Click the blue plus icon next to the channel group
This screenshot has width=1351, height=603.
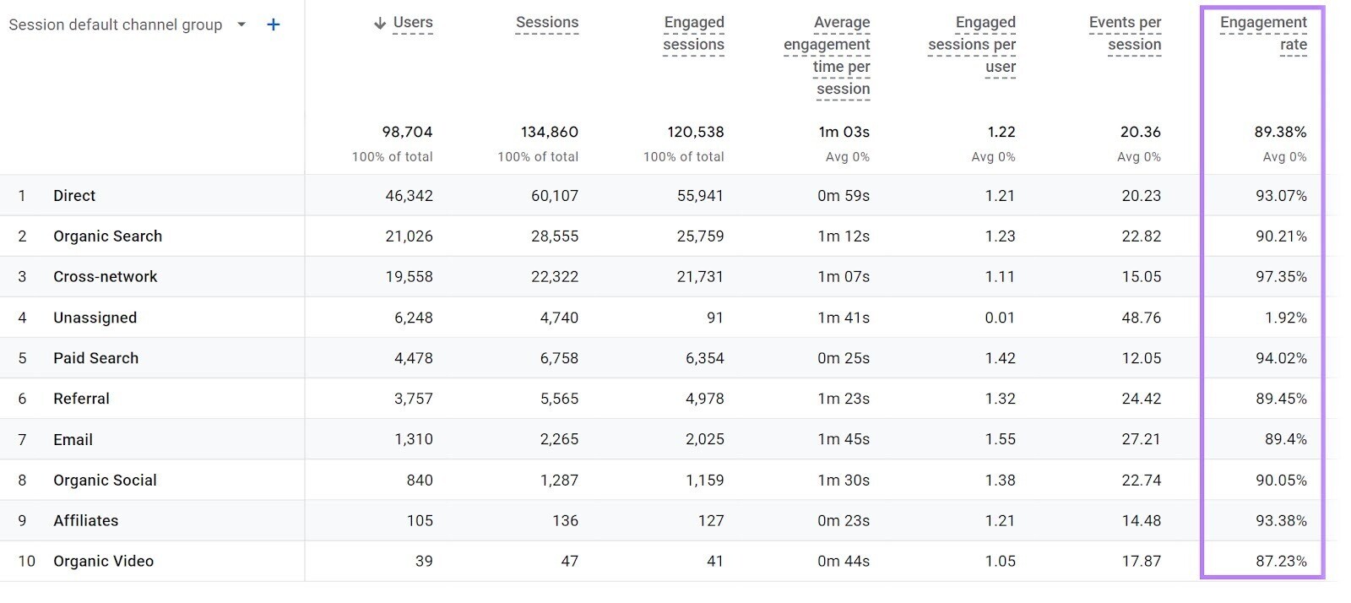click(273, 24)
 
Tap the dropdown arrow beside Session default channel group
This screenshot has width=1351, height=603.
click(241, 24)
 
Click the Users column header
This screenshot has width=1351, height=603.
click(412, 23)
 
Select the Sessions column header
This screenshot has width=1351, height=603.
click(547, 23)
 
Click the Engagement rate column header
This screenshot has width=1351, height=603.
click(1263, 34)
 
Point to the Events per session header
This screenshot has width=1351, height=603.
click(1125, 34)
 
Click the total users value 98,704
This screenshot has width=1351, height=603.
click(407, 132)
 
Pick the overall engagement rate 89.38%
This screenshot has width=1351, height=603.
click(1280, 132)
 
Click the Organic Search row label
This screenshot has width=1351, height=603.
click(107, 236)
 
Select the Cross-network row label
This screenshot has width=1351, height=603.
click(105, 277)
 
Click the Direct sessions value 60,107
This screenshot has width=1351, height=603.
click(555, 196)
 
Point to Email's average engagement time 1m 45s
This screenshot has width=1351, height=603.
click(843, 439)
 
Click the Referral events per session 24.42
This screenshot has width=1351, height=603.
click(1141, 399)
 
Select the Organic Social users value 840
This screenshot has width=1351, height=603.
click(419, 481)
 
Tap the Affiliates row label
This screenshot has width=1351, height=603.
click(85, 521)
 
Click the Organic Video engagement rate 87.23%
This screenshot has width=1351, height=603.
click(1281, 562)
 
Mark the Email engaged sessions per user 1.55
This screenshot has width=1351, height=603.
click(1000, 439)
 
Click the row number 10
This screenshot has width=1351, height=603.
click(26, 562)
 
